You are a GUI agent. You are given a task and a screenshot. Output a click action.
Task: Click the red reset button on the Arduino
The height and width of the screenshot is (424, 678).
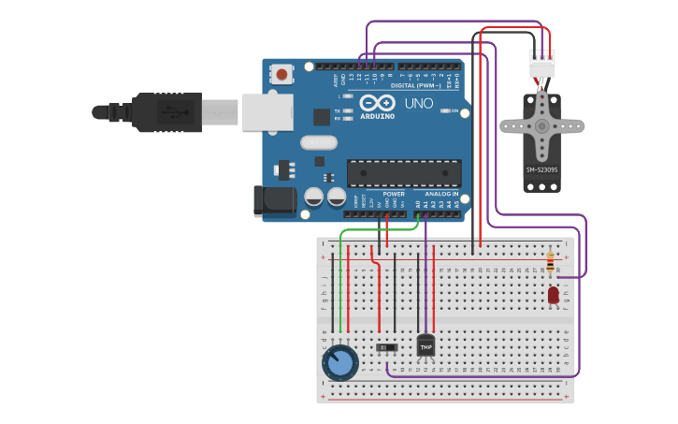(281, 72)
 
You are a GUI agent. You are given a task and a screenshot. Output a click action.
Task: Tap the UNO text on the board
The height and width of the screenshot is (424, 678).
(419, 103)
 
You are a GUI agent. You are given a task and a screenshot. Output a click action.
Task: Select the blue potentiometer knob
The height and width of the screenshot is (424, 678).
(339, 362)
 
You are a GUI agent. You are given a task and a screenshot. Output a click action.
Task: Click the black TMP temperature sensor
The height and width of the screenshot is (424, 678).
(426, 345)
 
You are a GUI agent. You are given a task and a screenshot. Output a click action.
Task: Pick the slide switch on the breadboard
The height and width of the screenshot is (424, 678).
(386, 347)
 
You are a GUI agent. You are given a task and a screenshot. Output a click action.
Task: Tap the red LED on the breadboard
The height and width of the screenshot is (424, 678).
(553, 295)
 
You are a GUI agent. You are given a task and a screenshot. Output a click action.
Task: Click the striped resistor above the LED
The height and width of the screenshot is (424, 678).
(550, 262)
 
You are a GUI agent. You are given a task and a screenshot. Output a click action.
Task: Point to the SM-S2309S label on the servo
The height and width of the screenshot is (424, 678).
(541, 169)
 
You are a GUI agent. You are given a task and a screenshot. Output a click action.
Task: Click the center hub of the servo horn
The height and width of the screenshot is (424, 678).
(541, 124)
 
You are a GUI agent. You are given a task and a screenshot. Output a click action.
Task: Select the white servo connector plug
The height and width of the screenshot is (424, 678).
(541, 64)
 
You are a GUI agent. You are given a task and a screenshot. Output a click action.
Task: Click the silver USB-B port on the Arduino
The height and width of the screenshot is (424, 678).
(267, 111)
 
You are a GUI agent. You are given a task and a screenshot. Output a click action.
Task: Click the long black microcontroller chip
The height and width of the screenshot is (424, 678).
(404, 172)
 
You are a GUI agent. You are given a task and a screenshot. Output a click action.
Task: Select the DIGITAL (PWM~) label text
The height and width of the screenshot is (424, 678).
(416, 85)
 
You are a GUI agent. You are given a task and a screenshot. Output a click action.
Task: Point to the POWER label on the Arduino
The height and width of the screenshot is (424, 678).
(394, 194)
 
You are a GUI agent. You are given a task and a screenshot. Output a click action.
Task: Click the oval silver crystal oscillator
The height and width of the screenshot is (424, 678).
(319, 143)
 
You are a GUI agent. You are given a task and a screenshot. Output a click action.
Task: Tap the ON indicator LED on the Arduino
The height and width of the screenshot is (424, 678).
(446, 110)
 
